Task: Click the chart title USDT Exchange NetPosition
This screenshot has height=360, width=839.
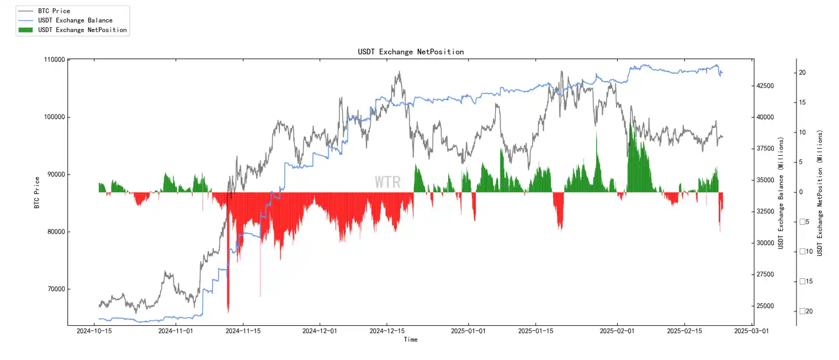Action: coord(411,52)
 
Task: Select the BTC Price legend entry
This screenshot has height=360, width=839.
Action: coord(54,11)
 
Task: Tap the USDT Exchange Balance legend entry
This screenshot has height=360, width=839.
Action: coord(75,20)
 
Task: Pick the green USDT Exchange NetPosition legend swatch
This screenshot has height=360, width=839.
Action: coord(26,30)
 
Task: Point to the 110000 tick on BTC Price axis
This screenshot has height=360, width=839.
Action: coord(53,60)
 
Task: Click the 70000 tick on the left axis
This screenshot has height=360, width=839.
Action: coord(55,289)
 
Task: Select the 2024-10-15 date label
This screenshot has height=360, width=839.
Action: coord(93,331)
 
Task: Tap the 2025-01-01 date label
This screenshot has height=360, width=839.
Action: coord(468,331)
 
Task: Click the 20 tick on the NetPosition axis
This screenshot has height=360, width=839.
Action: coord(802,73)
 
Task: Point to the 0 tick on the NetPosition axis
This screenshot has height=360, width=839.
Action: coord(801,192)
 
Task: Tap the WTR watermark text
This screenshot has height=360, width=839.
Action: coord(387,182)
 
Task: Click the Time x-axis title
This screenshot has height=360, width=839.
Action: coord(411,340)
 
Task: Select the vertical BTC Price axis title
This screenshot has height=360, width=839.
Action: coord(37,192)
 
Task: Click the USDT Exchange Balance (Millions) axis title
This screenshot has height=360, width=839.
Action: coord(781,193)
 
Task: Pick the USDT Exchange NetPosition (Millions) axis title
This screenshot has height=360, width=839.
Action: coord(820,193)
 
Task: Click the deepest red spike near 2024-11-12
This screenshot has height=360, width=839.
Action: coord(228,309)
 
